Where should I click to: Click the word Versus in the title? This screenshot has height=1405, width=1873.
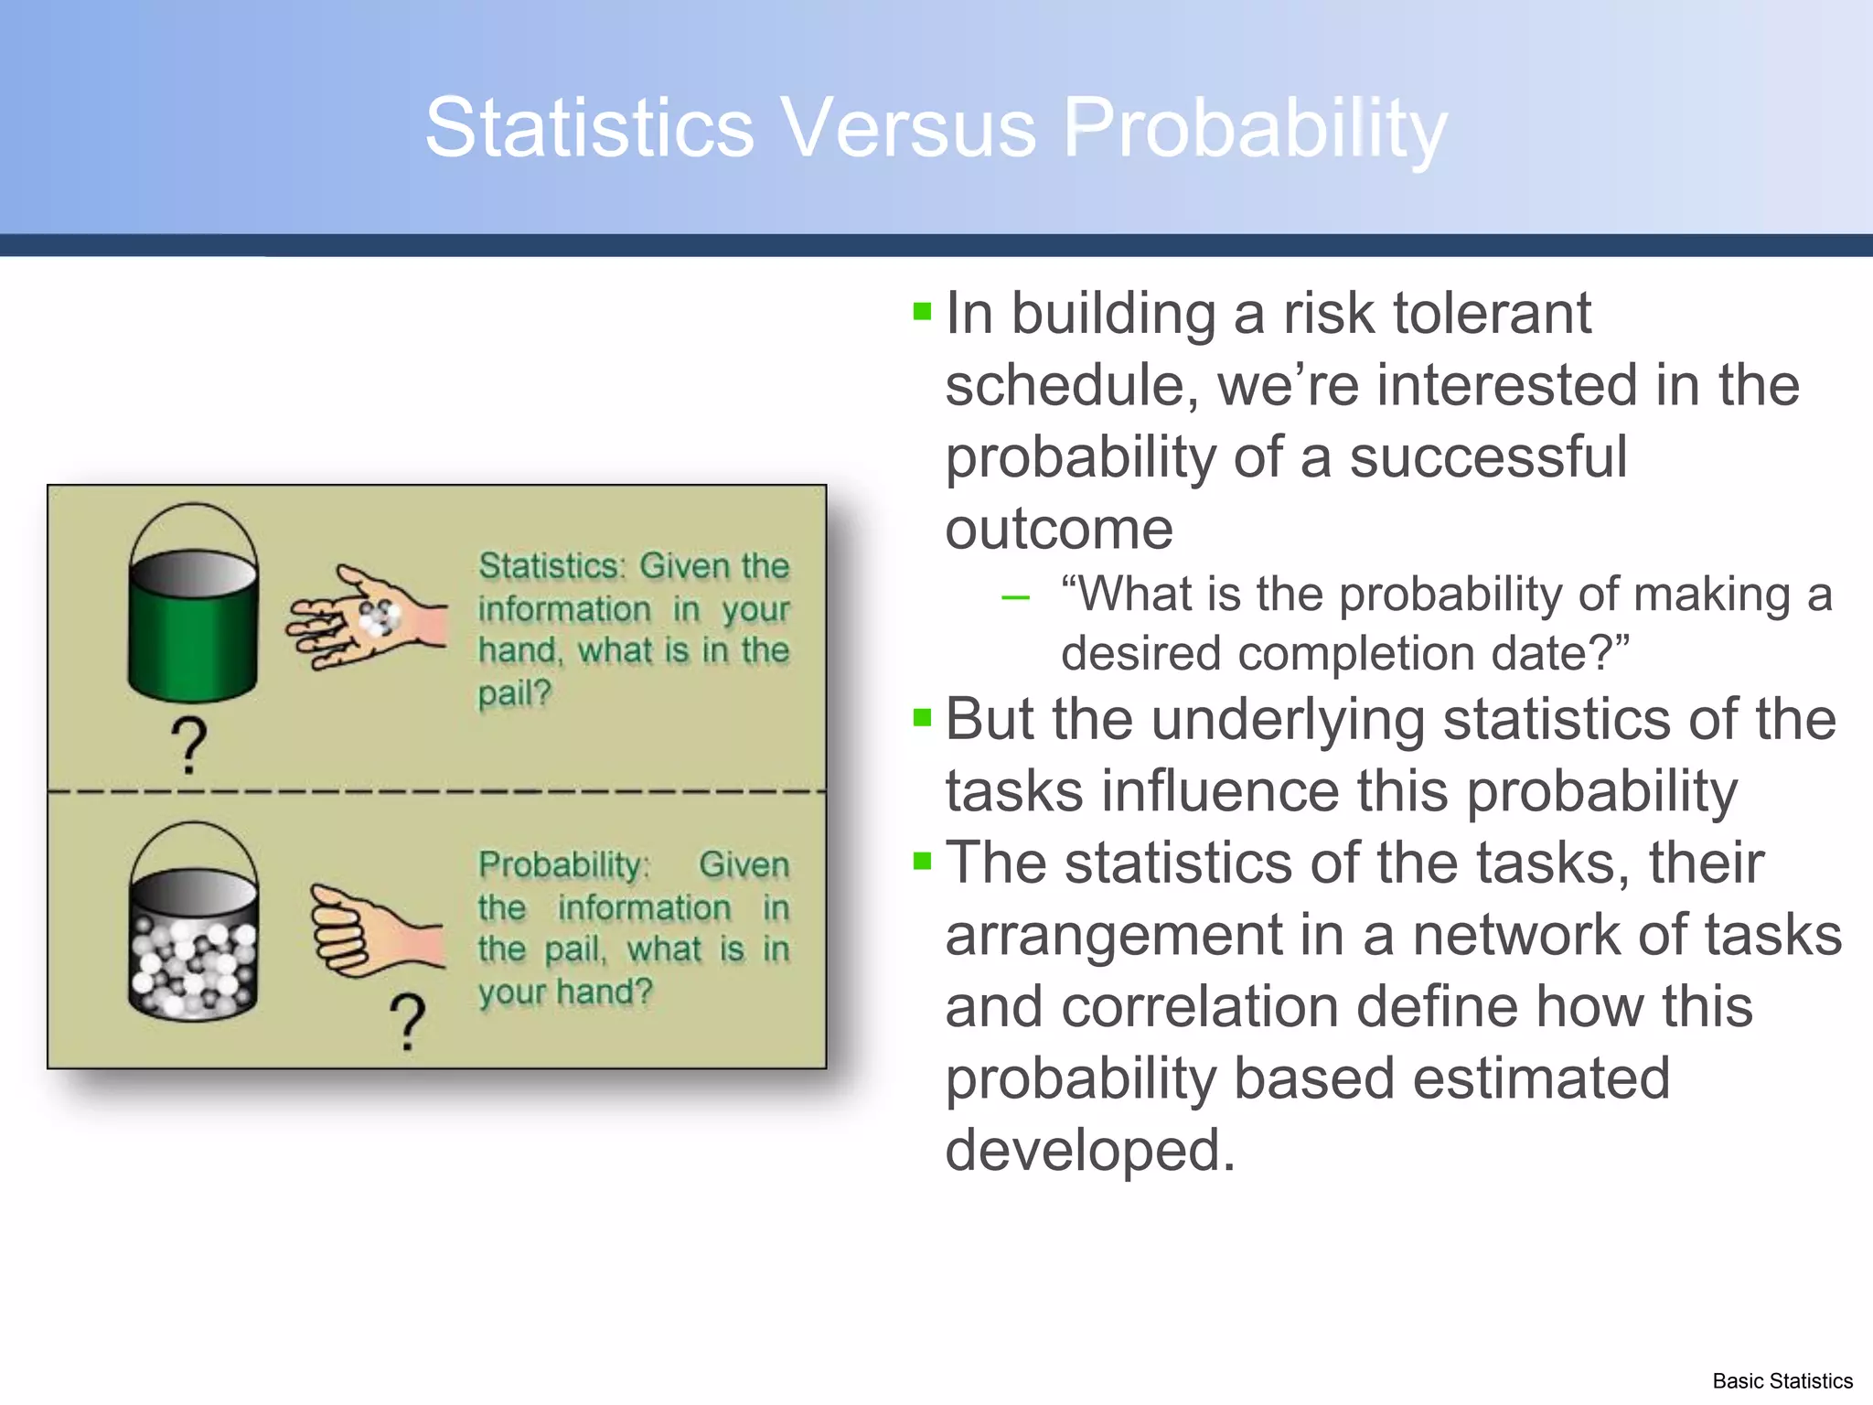tap(909, 128)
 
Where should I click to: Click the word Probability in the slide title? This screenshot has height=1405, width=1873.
tap(1255, 128)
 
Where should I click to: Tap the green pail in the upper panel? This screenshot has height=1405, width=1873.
tap(193, 631)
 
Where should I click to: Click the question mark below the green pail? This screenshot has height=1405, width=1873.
tap(189, 745)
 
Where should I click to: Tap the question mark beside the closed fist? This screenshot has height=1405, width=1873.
tap(408, 1021)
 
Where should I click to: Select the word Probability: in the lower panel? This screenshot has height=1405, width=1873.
tap(563, 865)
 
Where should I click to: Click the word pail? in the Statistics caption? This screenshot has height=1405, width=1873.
tap(515, 693)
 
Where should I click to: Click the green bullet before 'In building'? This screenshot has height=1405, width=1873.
tap(922, 312)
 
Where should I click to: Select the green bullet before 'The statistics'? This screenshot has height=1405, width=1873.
tap(922, 861)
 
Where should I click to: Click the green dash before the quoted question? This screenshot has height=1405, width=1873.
tap(1015, 599)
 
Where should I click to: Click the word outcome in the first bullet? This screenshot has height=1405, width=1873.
tap(1059, 529)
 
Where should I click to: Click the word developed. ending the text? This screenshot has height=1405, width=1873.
tap(1090, 1150)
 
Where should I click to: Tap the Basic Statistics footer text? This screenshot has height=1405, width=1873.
tap(1782, 1381)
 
